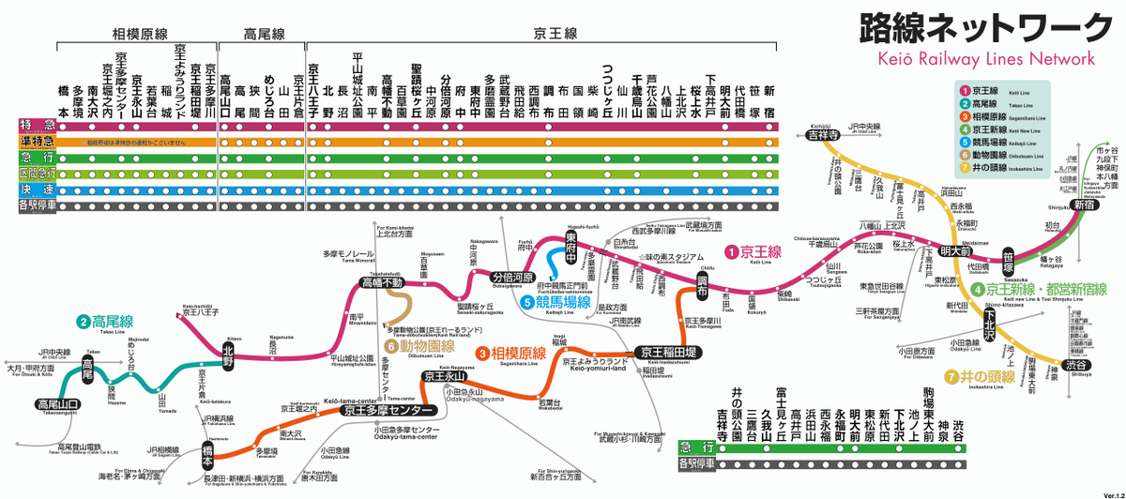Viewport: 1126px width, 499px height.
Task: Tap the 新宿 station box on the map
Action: pos(1084,204)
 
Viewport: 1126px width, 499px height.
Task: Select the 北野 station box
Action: pos(233,349)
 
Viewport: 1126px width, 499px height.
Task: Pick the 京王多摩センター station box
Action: pos(387,410)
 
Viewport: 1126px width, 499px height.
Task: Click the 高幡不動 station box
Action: pos(382,282)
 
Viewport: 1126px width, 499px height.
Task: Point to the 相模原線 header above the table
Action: pos(138,35)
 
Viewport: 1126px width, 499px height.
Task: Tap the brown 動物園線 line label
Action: pos(419,347)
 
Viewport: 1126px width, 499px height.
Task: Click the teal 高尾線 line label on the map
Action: pos(105,322)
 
